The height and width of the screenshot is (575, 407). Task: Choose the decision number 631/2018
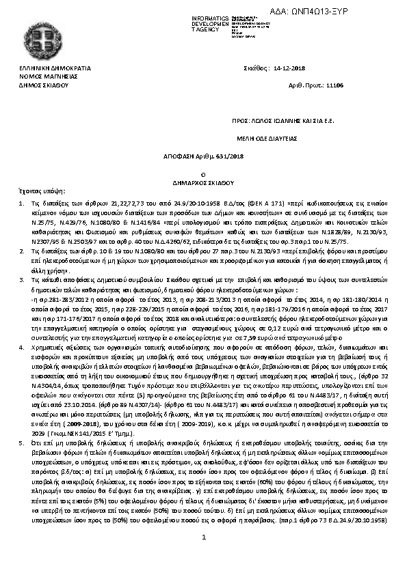click(228, 156)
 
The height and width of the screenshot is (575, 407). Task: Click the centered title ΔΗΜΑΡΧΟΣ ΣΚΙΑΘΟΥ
click(204, 183)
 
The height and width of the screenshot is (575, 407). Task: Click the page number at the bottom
click(204, 557)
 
